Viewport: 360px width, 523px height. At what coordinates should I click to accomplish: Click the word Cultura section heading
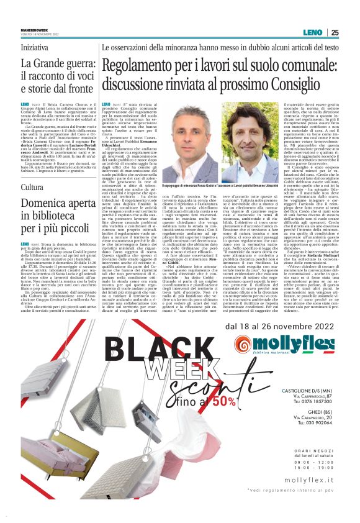32,186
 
